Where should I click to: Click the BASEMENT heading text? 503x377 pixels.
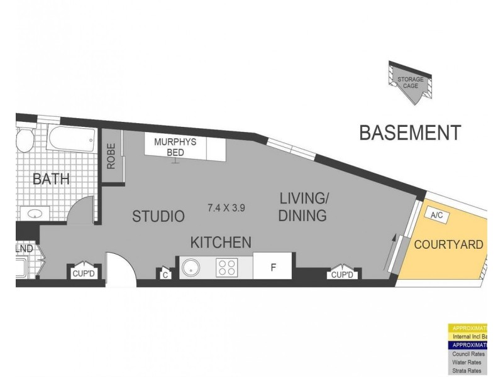[x=410, y=133]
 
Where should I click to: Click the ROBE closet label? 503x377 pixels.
[x=111, y=158]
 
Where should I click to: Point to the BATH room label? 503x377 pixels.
[x=51, y=180]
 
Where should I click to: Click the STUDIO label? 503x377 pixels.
[x=158, y=217]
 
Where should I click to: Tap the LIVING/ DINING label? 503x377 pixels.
[x=304, y=208]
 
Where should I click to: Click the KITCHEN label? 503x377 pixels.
[x=221, y=242]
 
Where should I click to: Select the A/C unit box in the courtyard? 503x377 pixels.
[x=436, y=215]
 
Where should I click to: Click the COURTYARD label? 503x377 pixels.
[x=448, y=244]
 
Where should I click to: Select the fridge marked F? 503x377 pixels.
[x=273, y=267]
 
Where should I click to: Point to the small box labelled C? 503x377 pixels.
[x=165, y=274]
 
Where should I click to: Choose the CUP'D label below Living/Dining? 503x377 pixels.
[x=342, y=275]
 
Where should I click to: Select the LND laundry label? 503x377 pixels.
[x=25, y=249]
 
